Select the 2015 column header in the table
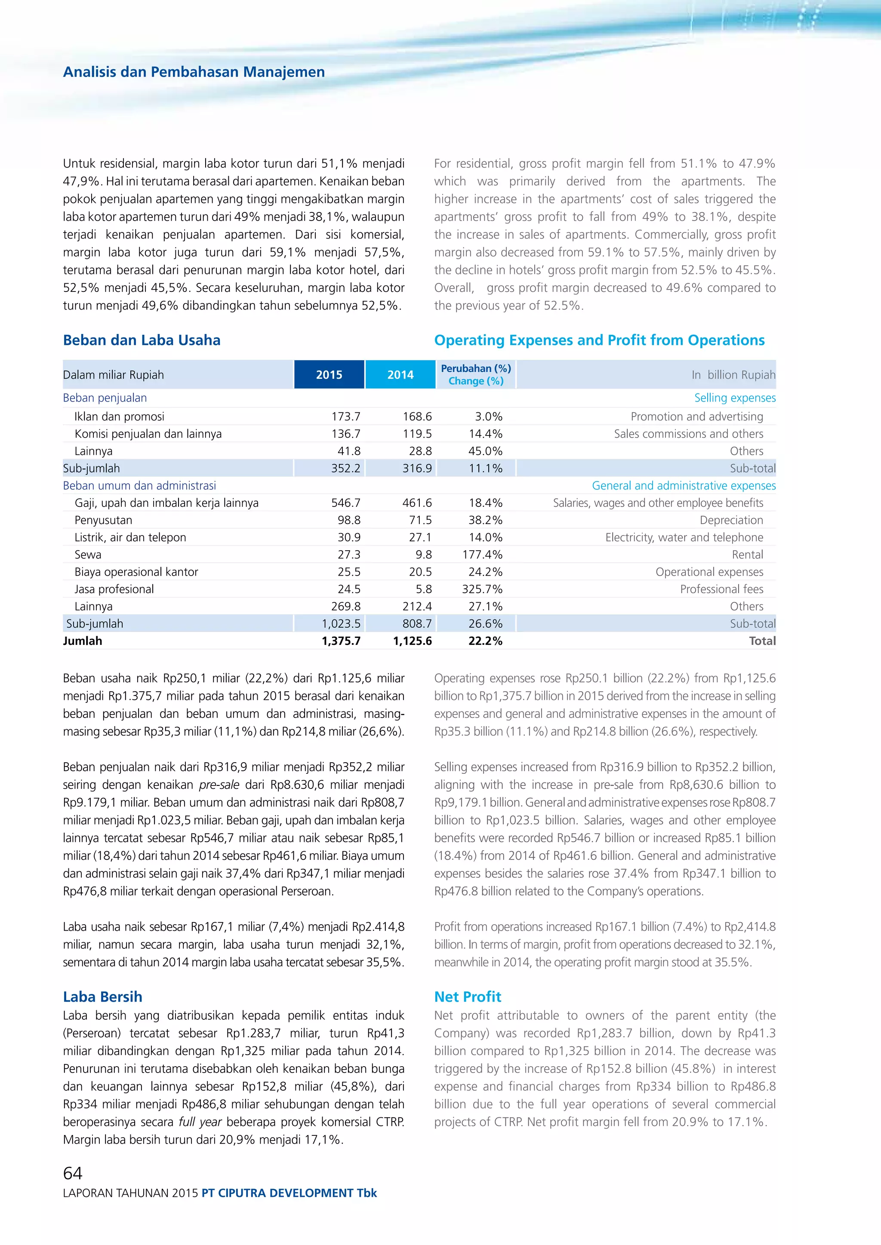(329, 375)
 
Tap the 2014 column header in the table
(400, 375)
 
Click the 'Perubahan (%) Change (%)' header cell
(476, 375)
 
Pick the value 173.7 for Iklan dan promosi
(345, 417)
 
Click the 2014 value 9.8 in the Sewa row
(424, 554)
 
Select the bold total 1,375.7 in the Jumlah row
(341, 641)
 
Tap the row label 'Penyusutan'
(103, 520)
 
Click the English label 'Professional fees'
(721, 589)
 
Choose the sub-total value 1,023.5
(341, 624)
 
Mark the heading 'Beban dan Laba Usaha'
(142, 340)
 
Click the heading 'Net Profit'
(468, 997)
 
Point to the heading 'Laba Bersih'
(102, 997)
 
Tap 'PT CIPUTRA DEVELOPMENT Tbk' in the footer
(289, 1193)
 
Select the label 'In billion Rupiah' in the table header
(733, 375)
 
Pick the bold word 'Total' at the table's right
(762, 641)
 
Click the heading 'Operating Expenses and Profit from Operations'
(599, 340)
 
